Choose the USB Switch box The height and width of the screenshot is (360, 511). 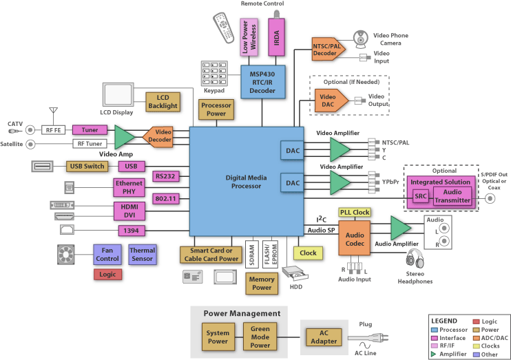pyautogui.click(x=86, y=166)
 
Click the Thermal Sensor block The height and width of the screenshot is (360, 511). pyautogui.click(x=142, y=254)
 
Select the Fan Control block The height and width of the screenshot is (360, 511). pyautogui.click(x=107, y=254)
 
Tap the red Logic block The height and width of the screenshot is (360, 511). pyautogui.click(x=107, y=275)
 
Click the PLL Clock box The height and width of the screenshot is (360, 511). pyautogui.click(x=355, y=212)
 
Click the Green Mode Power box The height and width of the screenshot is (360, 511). pyautogui.click(x=260, y=337)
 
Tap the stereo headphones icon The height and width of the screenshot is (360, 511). pyautogui.click(x=415, y=262)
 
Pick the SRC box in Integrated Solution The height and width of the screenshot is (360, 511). pyautogui.click(x=419, y=196)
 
